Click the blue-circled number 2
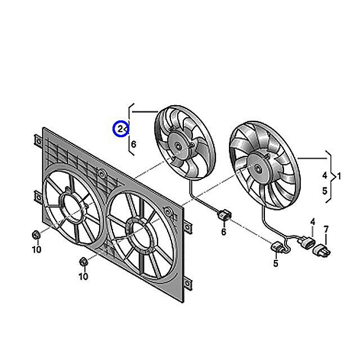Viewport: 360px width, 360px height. (120, 129)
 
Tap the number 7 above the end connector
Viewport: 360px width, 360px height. (325, 229)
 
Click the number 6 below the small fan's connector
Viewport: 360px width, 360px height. (223, 232)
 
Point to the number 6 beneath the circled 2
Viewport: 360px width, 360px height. (133, 145)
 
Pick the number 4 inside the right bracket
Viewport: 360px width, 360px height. (325, 175)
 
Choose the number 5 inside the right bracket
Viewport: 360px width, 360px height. (325, 191)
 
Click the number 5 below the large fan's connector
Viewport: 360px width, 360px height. (276, 263)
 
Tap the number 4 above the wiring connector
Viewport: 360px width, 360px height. (312, 222)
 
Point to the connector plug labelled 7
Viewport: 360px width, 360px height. (323, 249)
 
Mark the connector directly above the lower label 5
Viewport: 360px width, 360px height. (277, 248)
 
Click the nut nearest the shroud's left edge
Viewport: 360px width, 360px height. (35, 235)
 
